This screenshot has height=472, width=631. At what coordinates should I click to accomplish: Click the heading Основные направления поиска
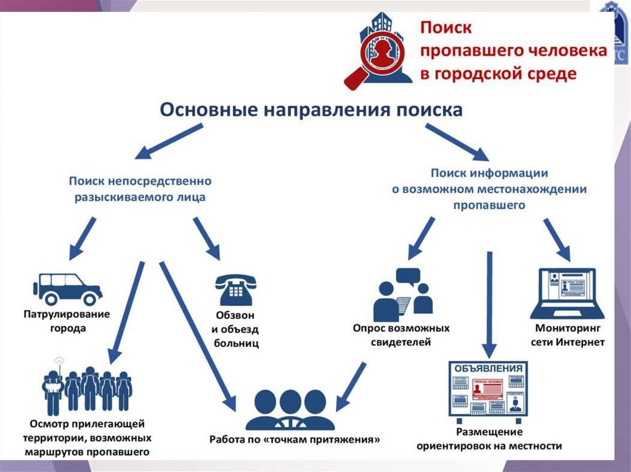311,110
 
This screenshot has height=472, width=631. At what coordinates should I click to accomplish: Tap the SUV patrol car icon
67,289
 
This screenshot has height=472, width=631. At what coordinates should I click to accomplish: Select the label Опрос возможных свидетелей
401,335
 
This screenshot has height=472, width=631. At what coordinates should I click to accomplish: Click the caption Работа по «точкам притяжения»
294,440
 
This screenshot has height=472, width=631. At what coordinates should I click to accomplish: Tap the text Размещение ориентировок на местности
489,439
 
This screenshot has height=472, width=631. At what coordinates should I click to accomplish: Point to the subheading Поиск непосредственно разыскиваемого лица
140,190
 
